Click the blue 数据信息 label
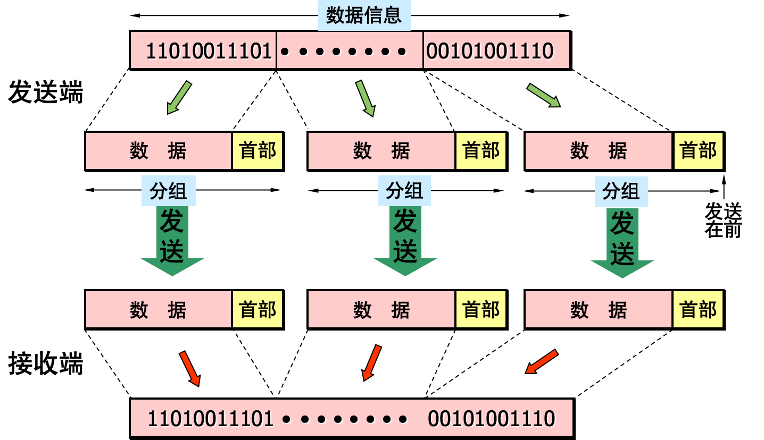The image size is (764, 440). tap(364, 15)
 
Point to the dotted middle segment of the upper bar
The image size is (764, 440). tap(350, 50)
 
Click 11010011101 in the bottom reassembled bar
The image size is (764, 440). tap(210, 419)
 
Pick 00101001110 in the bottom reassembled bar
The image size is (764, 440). tap(491, 419)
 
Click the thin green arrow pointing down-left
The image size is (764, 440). tap(179, 97)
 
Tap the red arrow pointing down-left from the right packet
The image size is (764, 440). tap(542, 362)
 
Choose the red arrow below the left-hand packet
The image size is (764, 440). tap(190, 368)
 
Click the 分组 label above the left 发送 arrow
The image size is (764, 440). tap(168, 191)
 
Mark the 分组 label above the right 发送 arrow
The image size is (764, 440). tap(621, 191)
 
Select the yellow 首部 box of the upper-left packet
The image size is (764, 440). tap(258, 151)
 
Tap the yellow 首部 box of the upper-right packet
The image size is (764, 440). tap(698, 151)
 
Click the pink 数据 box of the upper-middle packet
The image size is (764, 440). tap(381, 151)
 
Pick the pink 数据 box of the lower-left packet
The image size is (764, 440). tap(159, 309)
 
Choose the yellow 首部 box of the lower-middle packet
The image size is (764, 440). tap(481, 309)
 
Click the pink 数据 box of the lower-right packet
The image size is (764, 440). tap(599, 309)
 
